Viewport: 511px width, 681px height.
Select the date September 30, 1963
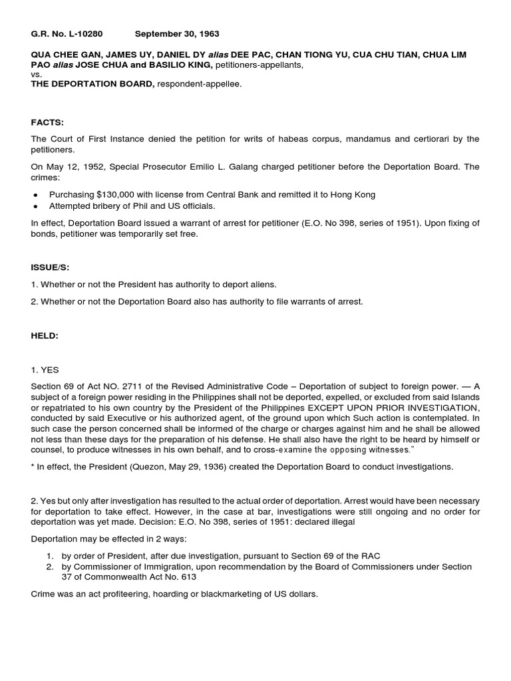click(x=177, y=33)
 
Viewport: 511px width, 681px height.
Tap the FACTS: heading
click(x=47, y=122)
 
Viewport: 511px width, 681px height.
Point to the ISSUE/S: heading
click(x=51, y=267)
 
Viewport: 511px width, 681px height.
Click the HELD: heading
click(x=45, y=337)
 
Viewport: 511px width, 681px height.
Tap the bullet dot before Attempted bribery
click(x=35, y=207)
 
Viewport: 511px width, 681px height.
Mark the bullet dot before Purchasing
click(x=35, y=195)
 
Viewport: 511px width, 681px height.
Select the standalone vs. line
click(x=37, y=75)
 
